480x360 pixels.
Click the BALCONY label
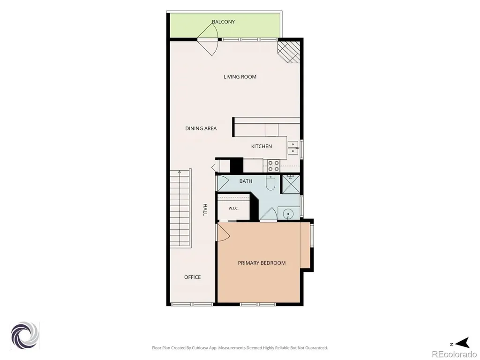[224, 22]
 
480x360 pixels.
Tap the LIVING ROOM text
[240, 77]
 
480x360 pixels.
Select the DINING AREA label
[201, 128]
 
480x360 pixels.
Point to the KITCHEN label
[262, 146]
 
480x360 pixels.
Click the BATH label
[246, 181]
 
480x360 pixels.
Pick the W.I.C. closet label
[233, 209]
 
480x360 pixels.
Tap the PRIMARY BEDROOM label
[262, 263]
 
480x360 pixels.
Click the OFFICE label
[193, 277]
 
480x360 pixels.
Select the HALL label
[205, 210]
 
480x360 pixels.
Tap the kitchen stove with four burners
[273, 166]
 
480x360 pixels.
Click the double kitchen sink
[293, 148]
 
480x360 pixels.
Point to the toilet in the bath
[270, 183]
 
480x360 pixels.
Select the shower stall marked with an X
[291, 184]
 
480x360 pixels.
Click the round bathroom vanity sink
[288, 213]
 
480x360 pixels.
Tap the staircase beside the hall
[180, 209]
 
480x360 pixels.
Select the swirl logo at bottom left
[25, 336]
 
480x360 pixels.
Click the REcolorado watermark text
[454, 354]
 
